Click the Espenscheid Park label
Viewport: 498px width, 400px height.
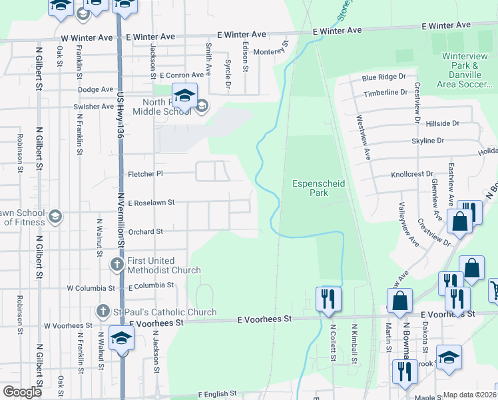click(x=310, y=188)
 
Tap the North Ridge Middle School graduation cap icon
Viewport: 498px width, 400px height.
click(x=185, y=95)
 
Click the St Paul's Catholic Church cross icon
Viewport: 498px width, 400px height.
click(x=103, y=311)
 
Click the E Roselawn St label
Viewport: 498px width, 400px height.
click(x=151, y=203)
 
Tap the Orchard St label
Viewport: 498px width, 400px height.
click(x=146, y=232)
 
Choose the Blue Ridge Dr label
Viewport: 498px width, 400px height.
click(x=384, y=78)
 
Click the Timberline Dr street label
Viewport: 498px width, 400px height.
click(x=385, y=93)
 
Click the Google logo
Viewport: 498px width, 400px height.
click(x=22, y=392)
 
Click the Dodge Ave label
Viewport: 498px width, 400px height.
click(x=96, y=89)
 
